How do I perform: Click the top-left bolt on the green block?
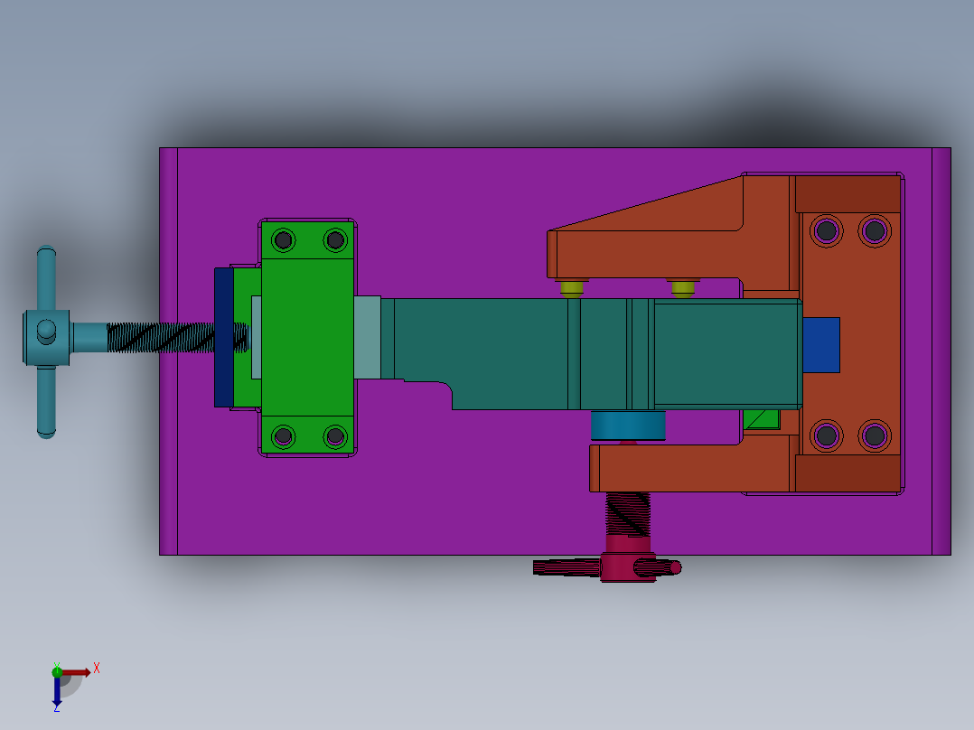(x=284, y=239)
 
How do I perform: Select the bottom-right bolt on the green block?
(x=335, y=436)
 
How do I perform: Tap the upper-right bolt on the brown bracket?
(x=874, y=230)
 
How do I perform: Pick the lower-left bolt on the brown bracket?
(x=826, y=436)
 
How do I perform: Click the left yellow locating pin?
(x=571, y=288)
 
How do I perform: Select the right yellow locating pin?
(x=683, y=288)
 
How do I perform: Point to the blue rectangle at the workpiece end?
(x=820, y=344)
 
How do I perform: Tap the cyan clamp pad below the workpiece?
(x=627, y=425)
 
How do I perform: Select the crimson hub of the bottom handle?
(x=625, y=560)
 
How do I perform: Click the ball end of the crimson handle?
(x=674, y=567)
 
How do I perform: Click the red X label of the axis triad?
(x=96, y=669)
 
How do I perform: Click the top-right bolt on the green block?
(x=335, y=239)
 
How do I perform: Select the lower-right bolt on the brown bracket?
(x=874, y=436)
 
